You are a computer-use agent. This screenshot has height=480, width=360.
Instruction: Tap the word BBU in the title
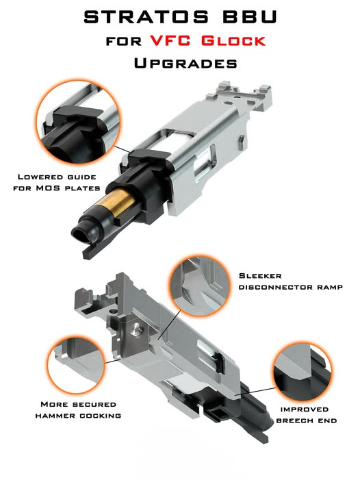tap(250, 17)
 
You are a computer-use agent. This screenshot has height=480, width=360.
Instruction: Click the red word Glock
tap(233, 40)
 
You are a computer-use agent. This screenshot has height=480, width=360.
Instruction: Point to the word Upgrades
tap(185, 63)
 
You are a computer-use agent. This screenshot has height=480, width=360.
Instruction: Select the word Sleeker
tap(260, 276)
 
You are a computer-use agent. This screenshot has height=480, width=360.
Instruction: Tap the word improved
tap(305, 409)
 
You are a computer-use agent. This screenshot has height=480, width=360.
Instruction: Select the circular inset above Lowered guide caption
tap(77, 122)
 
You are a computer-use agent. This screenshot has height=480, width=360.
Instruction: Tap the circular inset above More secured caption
tap(77, 364)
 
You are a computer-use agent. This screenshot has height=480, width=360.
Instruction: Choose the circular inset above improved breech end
tap(303, 372)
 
